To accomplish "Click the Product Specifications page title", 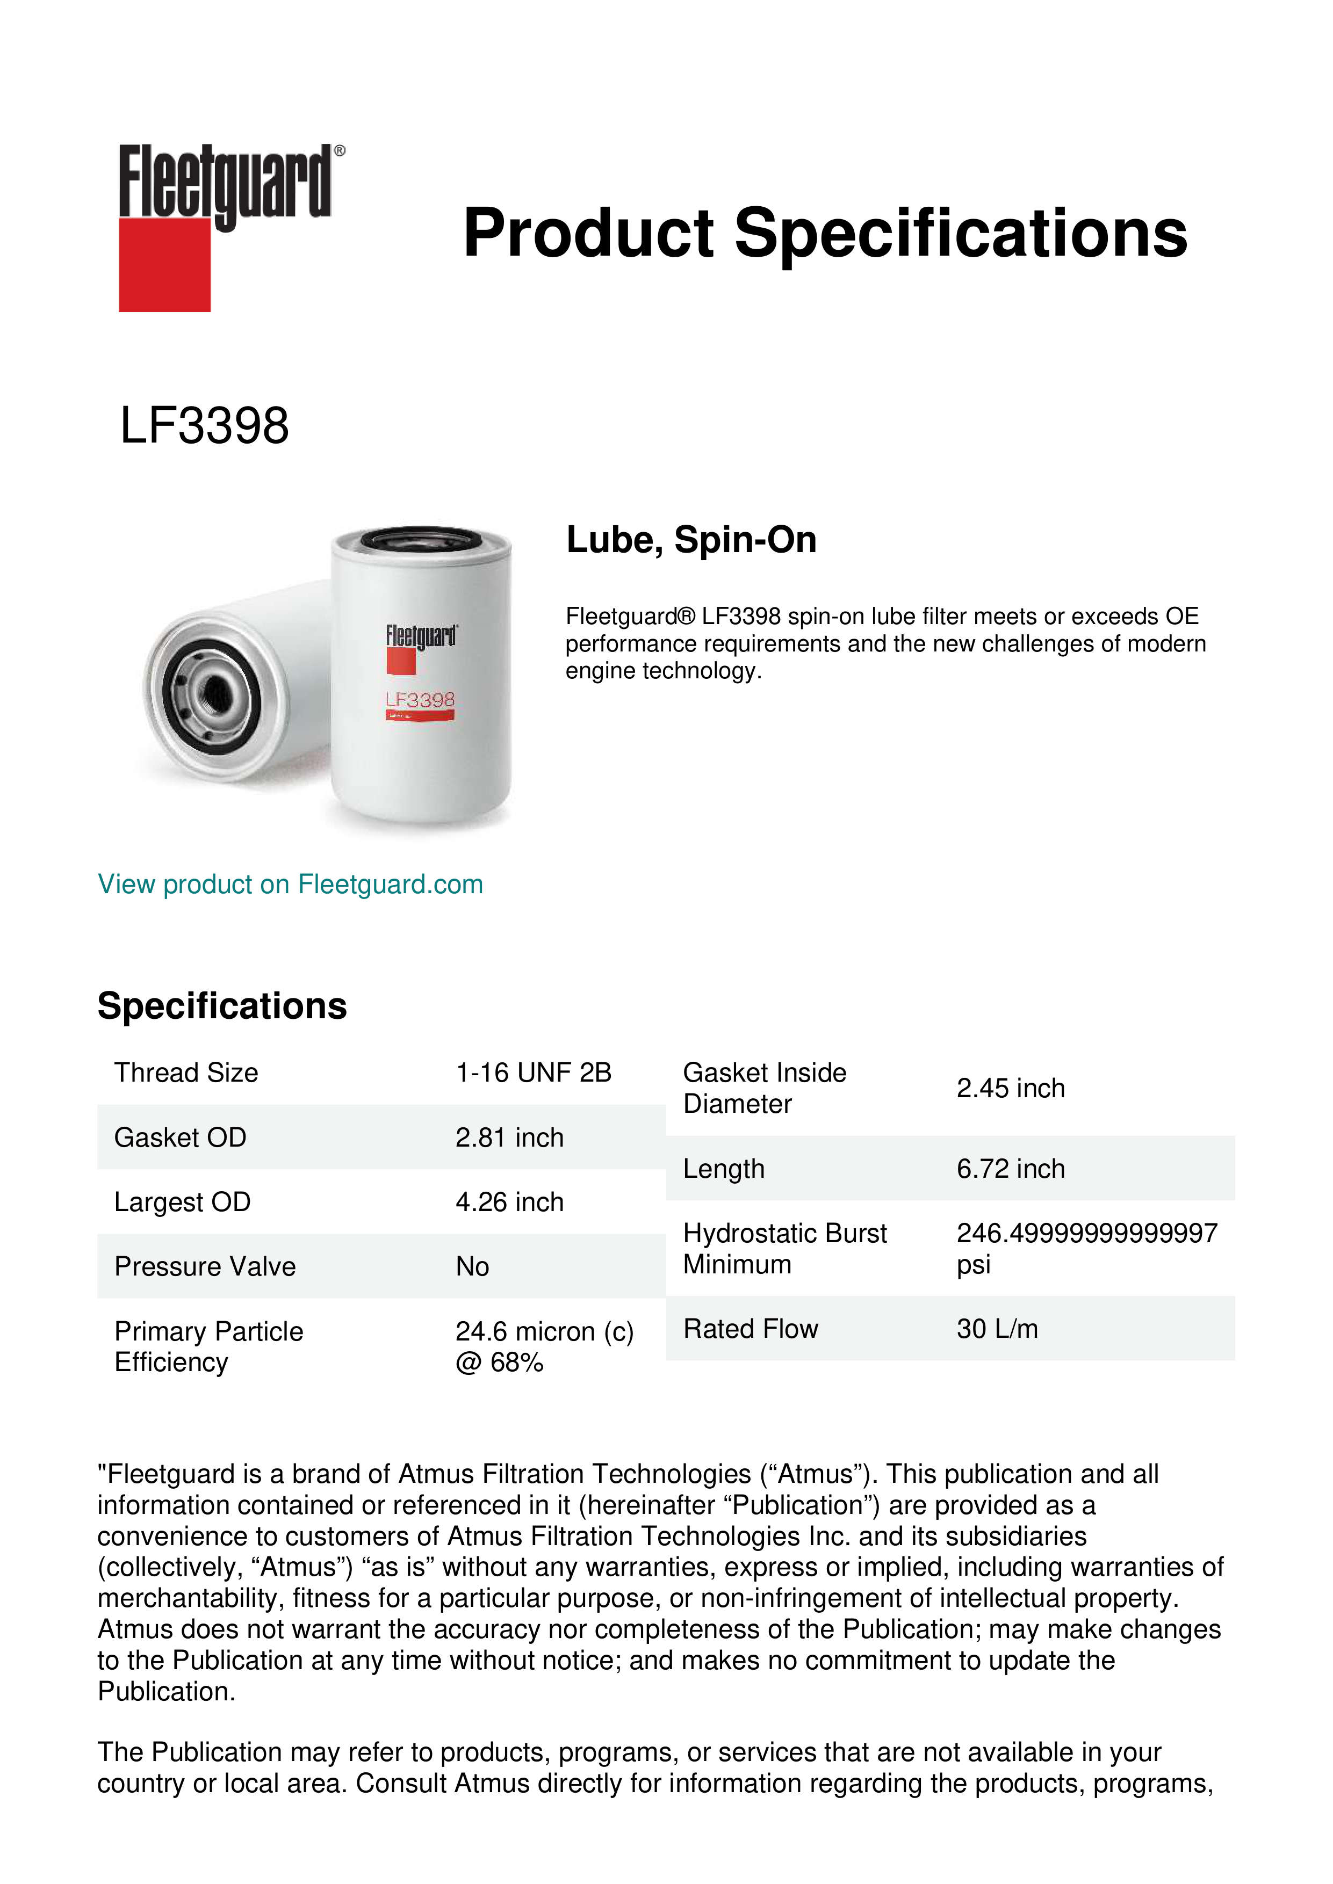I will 825,233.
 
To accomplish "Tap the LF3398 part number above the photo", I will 204,426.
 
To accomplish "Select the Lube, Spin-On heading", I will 691,540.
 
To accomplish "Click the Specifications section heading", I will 221,1006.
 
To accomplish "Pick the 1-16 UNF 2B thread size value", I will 534,1073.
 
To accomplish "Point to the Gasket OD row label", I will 180,1137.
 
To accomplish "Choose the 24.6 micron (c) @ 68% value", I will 544,1346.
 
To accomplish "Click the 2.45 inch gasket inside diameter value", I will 1011,1088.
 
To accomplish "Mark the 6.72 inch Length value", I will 1011,1169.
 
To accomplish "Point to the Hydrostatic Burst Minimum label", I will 784,1249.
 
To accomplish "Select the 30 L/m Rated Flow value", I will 997,1329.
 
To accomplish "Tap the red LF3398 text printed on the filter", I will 420,700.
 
